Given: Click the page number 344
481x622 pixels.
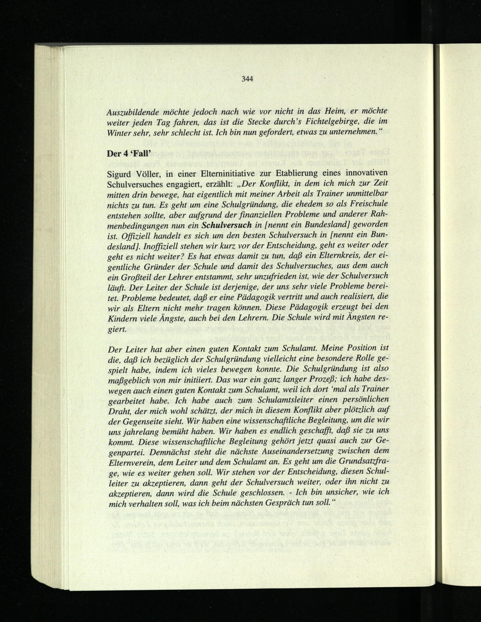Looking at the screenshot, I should [247, 79].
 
